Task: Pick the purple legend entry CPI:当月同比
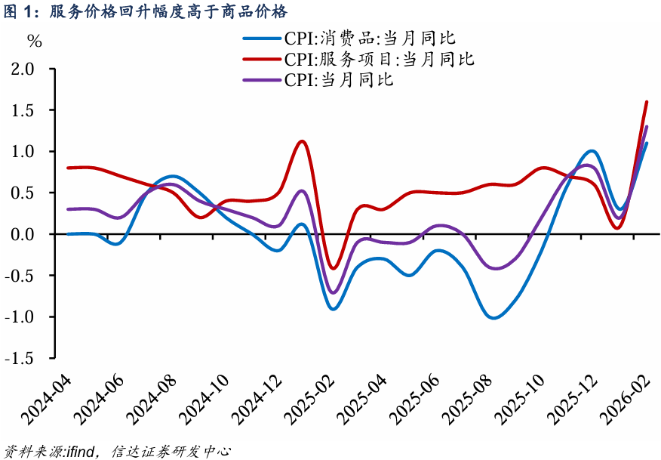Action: coord(339,79)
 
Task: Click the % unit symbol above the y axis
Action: coord(35,41)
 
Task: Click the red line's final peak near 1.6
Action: coord(647,101)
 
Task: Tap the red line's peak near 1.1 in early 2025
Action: coord(302,141)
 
